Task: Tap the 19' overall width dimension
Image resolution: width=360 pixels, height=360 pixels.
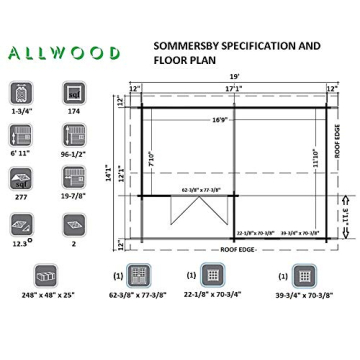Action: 234,76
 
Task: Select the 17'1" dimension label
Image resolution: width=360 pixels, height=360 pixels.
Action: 234,89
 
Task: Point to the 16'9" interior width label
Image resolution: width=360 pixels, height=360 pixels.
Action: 221,120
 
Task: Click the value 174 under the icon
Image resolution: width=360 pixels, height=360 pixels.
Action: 73,113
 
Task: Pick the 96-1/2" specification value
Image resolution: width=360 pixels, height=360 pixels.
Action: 73,156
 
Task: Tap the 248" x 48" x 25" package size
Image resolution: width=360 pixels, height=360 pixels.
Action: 47,296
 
